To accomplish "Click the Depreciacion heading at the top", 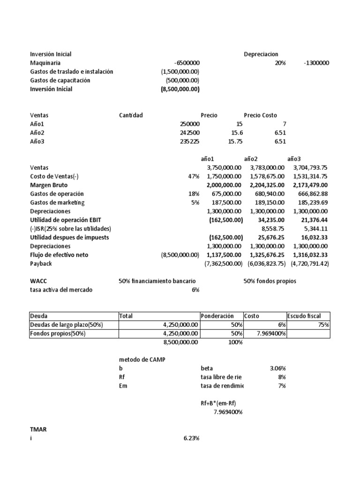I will click(x=261, y=54).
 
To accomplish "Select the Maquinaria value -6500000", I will click(x=187, y=63).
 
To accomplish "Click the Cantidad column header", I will click(x=131, y=115).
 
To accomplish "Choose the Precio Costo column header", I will click(x=260, y=115).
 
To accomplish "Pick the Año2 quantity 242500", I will click(x=189, y=133).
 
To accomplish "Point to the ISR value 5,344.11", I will click(x=315, y=229).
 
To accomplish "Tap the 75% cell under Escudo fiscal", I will click(x=323, y=325).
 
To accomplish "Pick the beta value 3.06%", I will click(x=276, y=368).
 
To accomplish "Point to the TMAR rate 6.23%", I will click(x=191, y=438).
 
